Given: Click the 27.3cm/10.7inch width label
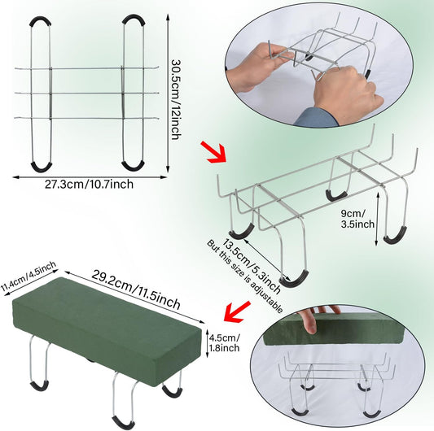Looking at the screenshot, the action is [x=89, y=185].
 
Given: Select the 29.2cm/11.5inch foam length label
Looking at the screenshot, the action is [x=136, y=290].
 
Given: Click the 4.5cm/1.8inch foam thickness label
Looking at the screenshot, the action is [x=224, y=343].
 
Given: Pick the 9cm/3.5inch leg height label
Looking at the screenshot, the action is [x=357, y=219].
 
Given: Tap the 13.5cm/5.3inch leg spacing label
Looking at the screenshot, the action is [x=252, y=266].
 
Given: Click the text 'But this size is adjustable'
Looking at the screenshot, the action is [x=244, y=276].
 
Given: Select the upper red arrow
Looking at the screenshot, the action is [x=213, y=153].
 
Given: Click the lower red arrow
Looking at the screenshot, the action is [x=237, y=311].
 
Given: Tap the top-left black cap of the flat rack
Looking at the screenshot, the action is [x=41, y=21].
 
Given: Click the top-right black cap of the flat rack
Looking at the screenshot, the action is [x=134, y=20].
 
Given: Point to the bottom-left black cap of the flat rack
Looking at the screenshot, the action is [x=42, y=167].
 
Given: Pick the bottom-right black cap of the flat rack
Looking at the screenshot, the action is [x=133, y=166].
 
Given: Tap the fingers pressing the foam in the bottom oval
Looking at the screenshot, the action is [x=318, y=318].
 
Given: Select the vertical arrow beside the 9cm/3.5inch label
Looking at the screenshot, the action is [x=376, y=219].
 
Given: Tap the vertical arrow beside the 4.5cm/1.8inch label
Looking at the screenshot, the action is [x=208, y=343].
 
